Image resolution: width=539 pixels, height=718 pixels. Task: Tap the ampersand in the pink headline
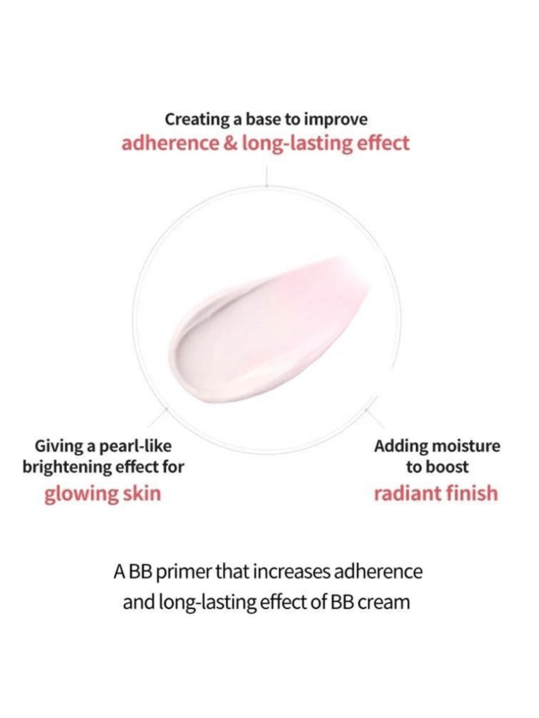(x=231, y=144)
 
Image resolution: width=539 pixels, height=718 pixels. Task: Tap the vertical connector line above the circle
(x=267, y=177)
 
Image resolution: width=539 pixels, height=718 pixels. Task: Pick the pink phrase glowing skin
(x=103, y=494)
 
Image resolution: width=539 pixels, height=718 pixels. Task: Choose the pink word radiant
(x=405, y=493)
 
